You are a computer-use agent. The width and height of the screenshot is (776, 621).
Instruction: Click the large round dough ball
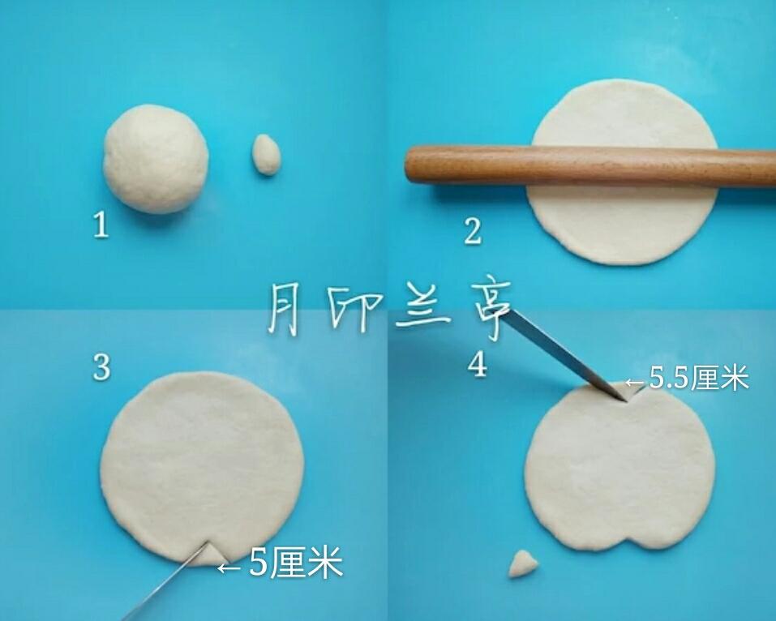[156, 159]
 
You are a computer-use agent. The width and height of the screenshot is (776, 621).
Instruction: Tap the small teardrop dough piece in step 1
[266, 154]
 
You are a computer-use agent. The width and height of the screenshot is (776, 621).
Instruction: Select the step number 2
[473, 231]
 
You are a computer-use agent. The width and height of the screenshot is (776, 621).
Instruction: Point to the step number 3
[101, 367]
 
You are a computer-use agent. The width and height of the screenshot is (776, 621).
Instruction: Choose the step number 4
[478, 365]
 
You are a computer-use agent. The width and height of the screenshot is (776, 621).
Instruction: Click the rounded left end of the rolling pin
[412, 164]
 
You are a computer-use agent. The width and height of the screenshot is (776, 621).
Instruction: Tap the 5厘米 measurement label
[296, 563]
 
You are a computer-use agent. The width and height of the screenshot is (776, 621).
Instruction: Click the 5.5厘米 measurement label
[699, 379]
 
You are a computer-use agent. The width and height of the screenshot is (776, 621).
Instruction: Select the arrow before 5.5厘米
[635, 382]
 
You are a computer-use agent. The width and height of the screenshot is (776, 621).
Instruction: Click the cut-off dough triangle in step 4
[523, 564]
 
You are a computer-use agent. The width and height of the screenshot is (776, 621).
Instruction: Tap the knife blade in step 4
[562, 353]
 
